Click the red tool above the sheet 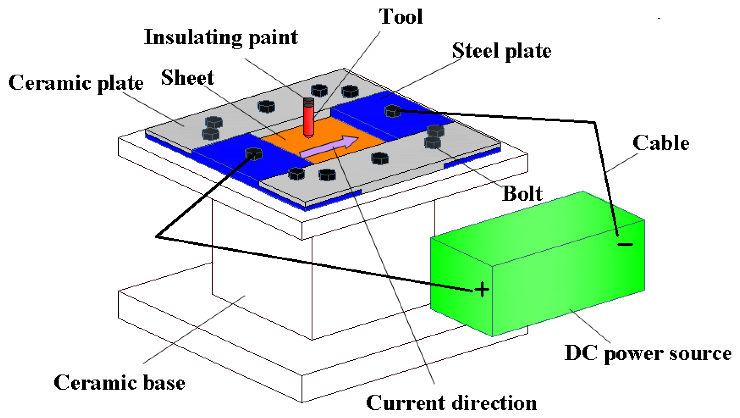[308, 120]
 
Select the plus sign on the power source [482, 290]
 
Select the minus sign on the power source [625, 245]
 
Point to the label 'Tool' [401, 17]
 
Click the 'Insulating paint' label [221, 38]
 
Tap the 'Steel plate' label [502, 51]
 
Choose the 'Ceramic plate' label [76, 83]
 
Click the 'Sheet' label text [187, 78]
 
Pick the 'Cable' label [661, 143]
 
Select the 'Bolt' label [522, 194]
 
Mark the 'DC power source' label [648, 354]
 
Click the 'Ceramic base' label [119, 383]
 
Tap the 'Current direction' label [451, 403]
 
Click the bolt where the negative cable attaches [393, 111]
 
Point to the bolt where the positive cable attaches [254, 154]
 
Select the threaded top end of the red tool [308, 102]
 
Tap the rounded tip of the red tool [308, 135]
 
